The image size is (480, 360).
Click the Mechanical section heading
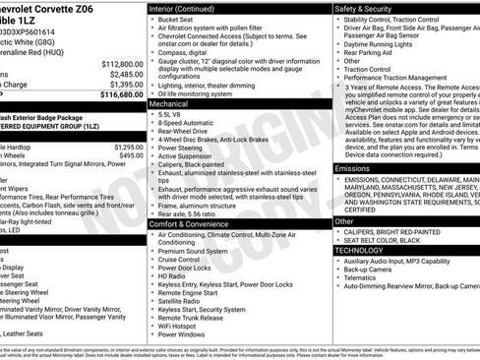169,102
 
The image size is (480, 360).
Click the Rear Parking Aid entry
384,54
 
